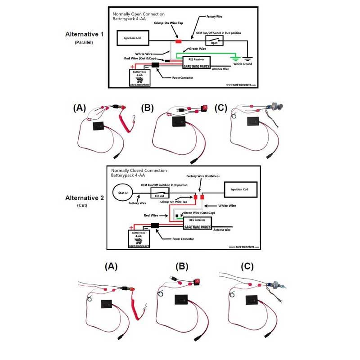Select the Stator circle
[123, 193]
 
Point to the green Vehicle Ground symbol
[234, 58]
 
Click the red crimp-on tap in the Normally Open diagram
[178, 41]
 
